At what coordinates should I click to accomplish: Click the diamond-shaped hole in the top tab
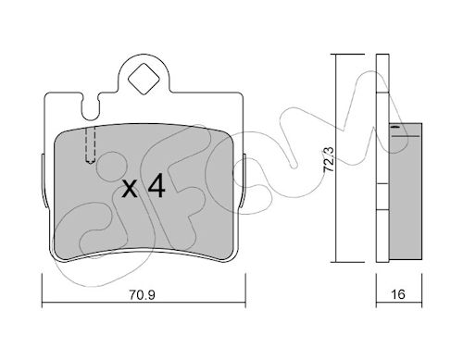(144, 79)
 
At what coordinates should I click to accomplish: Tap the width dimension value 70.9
(142, 295)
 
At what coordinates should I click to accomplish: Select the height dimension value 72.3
(329, 159)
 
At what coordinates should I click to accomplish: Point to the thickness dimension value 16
(398, 294)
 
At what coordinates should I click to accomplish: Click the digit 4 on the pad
(156, 185)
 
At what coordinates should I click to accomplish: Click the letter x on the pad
(130, 189)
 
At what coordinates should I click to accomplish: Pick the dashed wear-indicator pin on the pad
(91, 145)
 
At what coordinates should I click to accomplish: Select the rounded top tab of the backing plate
(144, 73)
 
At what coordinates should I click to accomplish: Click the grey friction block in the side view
(406, 192)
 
